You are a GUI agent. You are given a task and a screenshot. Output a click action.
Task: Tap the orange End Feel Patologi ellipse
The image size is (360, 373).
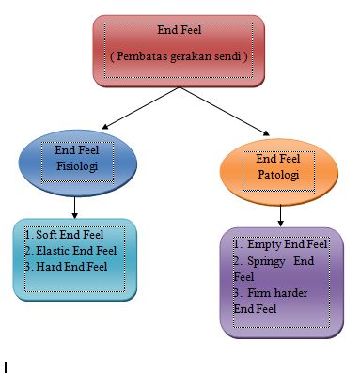279,167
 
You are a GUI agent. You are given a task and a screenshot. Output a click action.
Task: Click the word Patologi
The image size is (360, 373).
280,175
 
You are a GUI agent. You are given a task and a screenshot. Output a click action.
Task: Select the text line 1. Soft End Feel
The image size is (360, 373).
64,235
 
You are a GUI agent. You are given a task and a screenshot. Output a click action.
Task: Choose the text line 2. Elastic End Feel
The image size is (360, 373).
70,251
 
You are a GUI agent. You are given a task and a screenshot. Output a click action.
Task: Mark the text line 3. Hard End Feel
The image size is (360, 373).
66,267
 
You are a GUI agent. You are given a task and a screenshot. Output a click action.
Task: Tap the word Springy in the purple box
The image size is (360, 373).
268,261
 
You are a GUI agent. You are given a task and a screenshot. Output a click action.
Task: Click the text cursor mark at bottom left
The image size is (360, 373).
6,365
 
